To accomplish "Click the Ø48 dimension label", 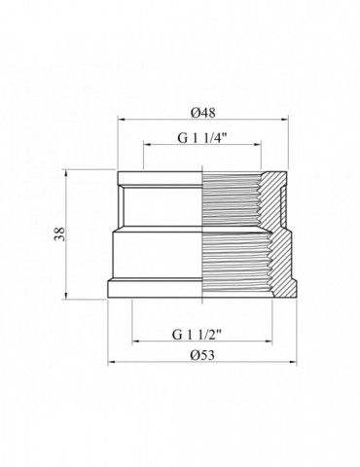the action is (x=203, y=113).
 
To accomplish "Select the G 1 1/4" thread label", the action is (x=201, y=138).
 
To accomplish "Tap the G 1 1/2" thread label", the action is (x=197, y=335).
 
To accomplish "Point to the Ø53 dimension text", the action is (x=202, y=355).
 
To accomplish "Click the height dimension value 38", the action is (x=59, y=233).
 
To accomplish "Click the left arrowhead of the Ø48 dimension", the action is (x=122, y=120).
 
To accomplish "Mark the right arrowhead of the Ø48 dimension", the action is (x=284, y=120).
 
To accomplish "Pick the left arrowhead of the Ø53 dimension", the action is (x=112, y=362).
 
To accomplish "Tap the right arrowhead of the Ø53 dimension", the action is (x=293, y=362).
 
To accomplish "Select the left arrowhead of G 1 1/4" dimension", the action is (x=147, y=145).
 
